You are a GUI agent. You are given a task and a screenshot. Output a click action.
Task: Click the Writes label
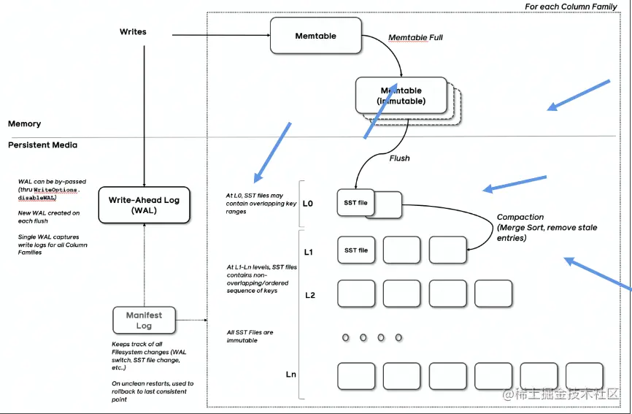(133, 32)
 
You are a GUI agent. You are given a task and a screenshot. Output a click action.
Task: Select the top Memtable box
(315, 36)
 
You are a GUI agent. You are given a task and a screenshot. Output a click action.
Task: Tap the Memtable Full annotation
(415, 37)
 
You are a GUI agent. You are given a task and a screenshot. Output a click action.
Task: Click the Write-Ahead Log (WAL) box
(144, 204)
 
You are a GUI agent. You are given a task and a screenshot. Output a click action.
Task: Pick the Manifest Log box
(144, 321)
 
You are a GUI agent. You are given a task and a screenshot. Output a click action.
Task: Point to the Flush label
(399, 158)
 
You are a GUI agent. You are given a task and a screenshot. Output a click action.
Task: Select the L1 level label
(309, 253)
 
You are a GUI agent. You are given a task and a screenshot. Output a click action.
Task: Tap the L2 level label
(309, 295)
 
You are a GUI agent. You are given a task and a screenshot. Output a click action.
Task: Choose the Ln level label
(290, 375)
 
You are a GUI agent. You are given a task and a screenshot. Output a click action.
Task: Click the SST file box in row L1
(356, 250)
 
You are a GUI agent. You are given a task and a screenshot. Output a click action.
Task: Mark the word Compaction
(520, 217)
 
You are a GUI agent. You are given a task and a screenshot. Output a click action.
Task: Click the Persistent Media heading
(42, 145)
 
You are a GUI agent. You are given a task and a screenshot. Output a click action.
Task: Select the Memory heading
(25, 124)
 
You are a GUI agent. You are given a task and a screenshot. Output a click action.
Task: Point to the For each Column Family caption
(571, 7)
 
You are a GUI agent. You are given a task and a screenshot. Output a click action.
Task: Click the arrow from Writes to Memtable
(220, 34)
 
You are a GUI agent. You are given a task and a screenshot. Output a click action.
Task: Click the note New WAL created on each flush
(49, 217)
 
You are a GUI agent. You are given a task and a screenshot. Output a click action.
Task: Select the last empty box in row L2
(493, 294)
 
